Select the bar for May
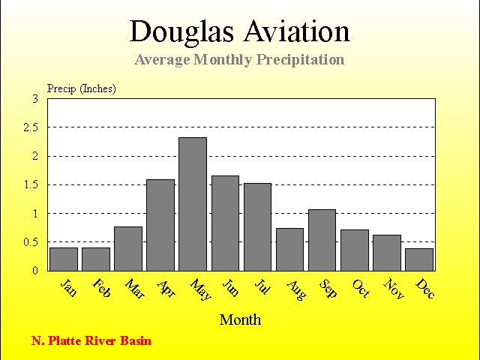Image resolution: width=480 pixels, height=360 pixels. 193,204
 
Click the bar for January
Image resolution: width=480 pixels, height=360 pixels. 64,259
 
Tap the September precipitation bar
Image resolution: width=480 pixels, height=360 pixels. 322,240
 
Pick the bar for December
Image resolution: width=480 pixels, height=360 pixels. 419,259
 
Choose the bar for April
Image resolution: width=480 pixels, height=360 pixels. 160,225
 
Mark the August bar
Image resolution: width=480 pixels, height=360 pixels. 290,250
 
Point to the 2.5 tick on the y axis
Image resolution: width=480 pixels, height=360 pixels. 31,127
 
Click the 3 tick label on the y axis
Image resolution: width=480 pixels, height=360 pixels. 35,99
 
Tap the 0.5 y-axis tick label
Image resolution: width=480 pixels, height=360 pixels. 31,242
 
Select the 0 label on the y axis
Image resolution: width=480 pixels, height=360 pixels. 35,271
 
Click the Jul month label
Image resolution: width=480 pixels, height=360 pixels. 262,286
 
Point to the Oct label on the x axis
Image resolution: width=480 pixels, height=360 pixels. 361,288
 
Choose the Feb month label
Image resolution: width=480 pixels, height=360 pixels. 101,288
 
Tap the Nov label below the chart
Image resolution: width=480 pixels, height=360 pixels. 394,288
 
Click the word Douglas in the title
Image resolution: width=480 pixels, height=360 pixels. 181,32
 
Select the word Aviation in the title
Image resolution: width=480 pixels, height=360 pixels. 297,31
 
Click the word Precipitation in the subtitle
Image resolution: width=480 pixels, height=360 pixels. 300,60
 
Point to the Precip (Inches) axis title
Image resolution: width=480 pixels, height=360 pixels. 82,88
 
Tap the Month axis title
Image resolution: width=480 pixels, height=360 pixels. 240,320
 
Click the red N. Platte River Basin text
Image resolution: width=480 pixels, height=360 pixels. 91,340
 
